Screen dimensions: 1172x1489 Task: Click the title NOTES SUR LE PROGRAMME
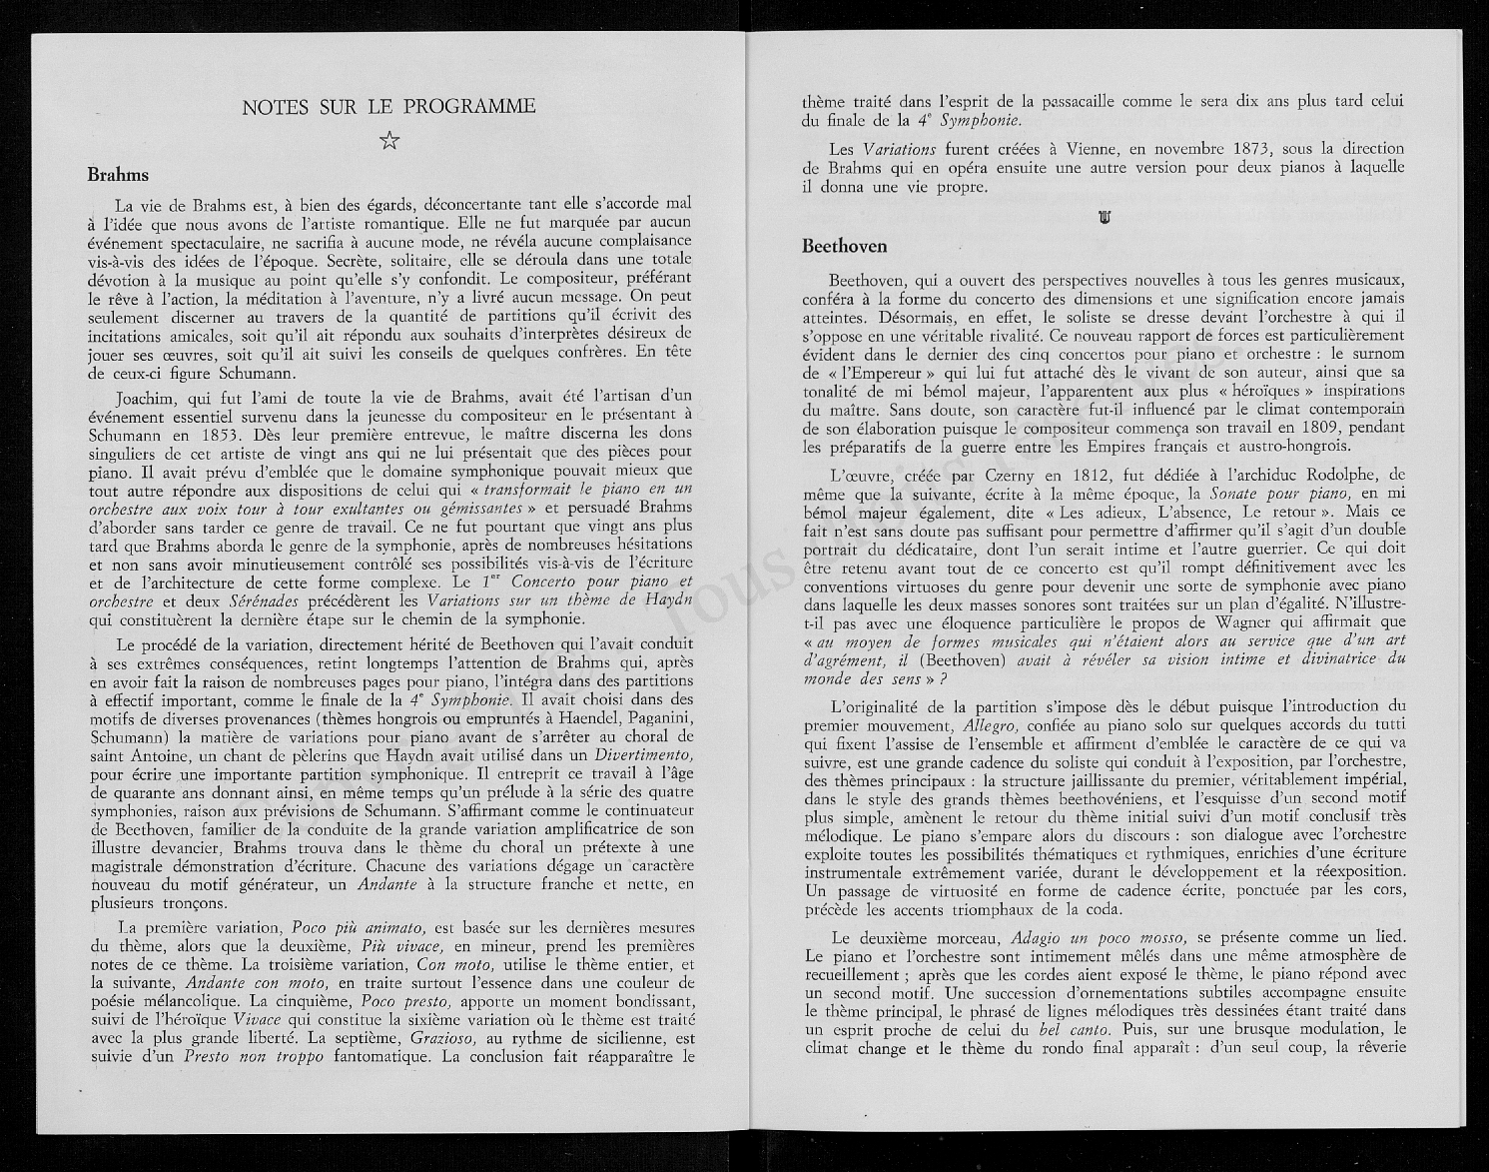click(x=388, y=106)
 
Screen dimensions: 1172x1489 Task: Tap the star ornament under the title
click(x=389, y=141)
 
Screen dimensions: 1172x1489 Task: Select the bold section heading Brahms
click(x=118, y=175)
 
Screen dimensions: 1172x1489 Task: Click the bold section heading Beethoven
click(x=844, y=246)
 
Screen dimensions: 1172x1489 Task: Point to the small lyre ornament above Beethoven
click(x=1105, y=217)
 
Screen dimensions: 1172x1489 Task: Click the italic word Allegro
click(x=992, y=724)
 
